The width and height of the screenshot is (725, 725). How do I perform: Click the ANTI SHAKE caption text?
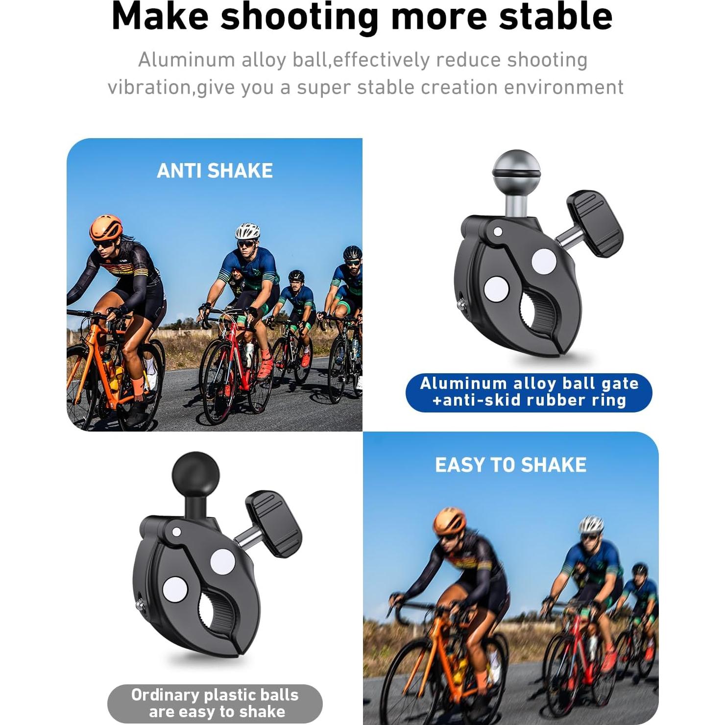pos(215,171)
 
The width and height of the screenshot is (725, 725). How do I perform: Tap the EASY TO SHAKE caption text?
pos(510,465)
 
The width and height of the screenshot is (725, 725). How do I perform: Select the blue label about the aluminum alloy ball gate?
pos(529,392)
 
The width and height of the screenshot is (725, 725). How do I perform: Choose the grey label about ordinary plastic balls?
pos(215,703)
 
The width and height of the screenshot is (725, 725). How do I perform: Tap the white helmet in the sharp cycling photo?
pos(247,231)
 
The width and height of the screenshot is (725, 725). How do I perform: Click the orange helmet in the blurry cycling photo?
pos(449,521)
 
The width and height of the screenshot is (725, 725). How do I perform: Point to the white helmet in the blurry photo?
pos(591,525)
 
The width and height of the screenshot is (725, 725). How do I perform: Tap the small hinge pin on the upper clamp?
pos(498,231)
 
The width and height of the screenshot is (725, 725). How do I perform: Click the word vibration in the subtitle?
pos(148,88)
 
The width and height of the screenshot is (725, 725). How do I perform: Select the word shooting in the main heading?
pos(299,17)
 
